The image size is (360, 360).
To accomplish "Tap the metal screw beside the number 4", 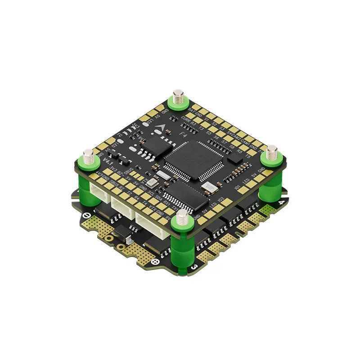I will pos(271,153).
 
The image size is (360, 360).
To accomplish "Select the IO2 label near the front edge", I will pos(220,200).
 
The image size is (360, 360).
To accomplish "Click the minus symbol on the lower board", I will pos(87,215).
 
